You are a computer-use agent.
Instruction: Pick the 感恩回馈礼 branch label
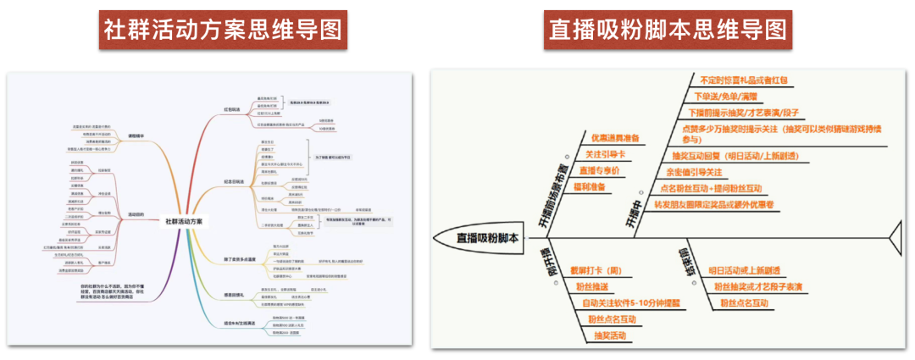(233, 294)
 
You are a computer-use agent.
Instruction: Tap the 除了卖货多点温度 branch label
(238, 258)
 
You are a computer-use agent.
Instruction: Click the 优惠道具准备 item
(615, 138)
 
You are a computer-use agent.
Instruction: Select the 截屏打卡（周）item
(596, 271)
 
